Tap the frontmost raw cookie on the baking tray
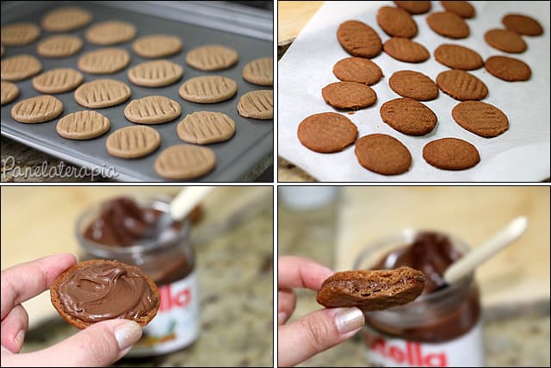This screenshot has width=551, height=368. tap(184, 161)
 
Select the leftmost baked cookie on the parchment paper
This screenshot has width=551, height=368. tap(327, 132)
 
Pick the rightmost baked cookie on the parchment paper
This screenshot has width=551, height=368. tap(523, 24)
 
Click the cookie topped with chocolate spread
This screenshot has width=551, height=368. tap(104, 292)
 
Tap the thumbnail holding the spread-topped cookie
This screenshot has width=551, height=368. tap(127, 334)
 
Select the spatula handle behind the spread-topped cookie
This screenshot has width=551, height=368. tap(186, 202)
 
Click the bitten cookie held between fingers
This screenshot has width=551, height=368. tap(370, 288)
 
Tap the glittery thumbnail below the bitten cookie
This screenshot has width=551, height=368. tap(349, 320)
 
